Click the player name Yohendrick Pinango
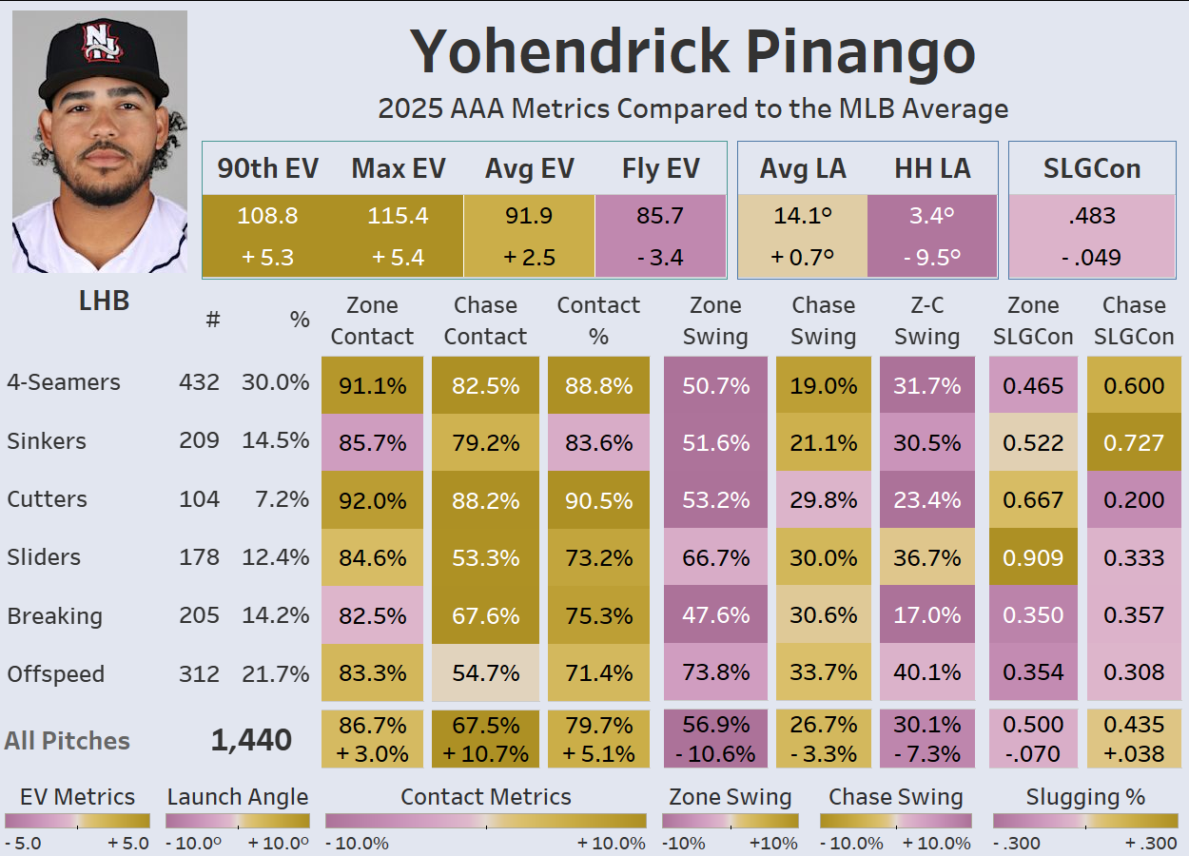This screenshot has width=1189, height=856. [x=693, y=53]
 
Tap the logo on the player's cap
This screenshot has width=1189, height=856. [x=100, y=41]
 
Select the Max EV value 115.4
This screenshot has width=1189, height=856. [x=399, y=216]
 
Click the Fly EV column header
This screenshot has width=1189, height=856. [x=660, y=169]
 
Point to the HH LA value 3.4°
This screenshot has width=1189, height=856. [x=931, y=216]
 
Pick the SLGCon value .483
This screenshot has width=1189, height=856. [x=1092, y=216]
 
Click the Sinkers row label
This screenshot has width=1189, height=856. [x=47, y=441]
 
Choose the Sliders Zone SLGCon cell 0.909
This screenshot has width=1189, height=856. [x=1033, y=557]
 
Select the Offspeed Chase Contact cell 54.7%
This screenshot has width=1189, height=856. [x=485, y=673]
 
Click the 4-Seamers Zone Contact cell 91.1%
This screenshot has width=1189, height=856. [x=372, y=385]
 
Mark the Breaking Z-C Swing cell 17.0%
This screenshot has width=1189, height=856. [x=926, y=615]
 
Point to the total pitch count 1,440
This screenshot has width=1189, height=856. [x=251, y=741]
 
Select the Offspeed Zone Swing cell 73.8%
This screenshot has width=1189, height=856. [x=715, y=673]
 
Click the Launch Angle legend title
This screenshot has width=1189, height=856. [x=238, y=797]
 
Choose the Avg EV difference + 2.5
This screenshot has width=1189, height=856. [x=529, y=257]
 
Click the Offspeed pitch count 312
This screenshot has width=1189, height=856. [x=199, y=673]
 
